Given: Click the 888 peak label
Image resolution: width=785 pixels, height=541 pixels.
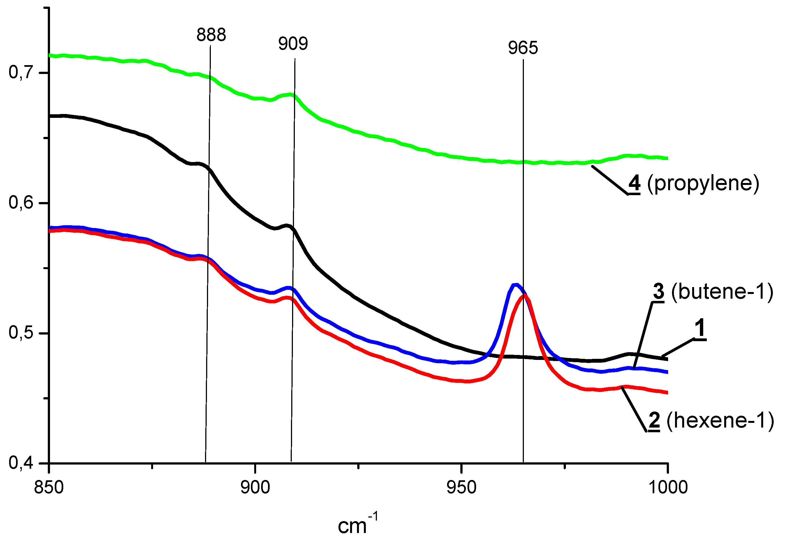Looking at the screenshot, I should pos(211,35).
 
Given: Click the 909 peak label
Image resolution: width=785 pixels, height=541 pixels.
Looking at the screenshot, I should pos(293,44).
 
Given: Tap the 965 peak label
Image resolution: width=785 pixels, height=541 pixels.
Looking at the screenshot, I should pos(523,48).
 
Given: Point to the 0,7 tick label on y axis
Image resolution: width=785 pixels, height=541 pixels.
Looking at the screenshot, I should pos(21,72).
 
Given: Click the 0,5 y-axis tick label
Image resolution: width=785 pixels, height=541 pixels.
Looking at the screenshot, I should pos(21,333).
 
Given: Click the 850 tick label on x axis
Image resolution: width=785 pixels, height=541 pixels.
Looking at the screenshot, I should pos(49,487).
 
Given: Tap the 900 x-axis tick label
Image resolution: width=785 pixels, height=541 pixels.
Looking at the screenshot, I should pos(255,487).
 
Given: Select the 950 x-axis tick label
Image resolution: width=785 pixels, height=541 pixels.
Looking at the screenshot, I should pos(461,487).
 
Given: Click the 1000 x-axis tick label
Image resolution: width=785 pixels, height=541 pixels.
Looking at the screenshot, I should pos(668,487).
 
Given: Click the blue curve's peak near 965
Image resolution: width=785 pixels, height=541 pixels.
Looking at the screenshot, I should pos(516,285).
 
